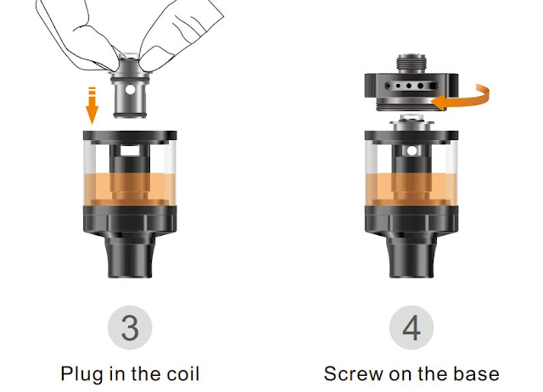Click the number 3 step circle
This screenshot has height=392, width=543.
(x=130, y=328)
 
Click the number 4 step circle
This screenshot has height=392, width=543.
(x=411, y=328)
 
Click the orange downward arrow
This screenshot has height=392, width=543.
(x=92, y=105)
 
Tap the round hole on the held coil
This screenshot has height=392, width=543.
(x=130, y=90)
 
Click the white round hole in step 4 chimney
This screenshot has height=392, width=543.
(x=411, y=151)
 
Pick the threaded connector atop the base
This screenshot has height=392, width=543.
(x=411, y=64)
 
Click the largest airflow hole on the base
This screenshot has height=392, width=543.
(x=433, y=86)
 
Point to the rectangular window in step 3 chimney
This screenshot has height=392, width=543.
(x=130, y=151)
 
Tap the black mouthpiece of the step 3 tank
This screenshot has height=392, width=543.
(x=130, y=255)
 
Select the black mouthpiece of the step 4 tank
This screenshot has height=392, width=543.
(x=411, y=255)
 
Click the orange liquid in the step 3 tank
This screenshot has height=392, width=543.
(x=130, y=189)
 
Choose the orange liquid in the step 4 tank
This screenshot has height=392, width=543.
(x=411, y=189)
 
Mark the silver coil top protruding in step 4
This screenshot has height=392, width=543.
(x=411, y=122)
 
